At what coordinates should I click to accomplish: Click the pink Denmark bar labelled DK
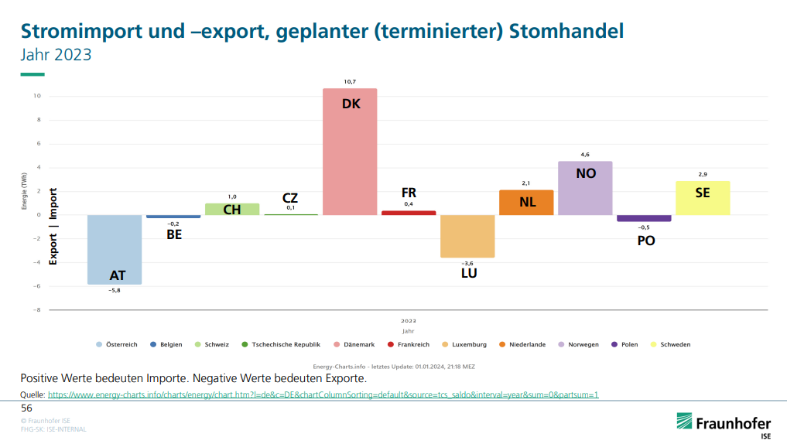coord(350,155)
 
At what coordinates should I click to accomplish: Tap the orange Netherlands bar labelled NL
coord(526,203)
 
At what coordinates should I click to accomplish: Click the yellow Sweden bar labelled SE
coord(703,198)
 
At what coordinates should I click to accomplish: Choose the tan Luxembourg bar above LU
coord(467,236)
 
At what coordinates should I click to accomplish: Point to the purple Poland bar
coord(644,219)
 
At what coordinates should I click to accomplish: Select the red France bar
coord(409,213)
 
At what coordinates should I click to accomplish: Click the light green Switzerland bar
coord(232,210)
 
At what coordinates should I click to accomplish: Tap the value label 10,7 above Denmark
coord(350,82)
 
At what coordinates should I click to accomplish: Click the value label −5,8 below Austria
coord(115,291)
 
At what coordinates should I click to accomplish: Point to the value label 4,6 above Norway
coord(585,155)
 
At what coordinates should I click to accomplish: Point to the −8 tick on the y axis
coord(36,309)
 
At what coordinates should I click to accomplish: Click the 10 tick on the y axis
coord(37,96)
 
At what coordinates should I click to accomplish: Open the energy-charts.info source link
coord(323,394)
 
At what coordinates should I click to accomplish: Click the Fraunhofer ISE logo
coord(724,425)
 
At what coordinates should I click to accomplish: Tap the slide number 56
coord(26,408)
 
